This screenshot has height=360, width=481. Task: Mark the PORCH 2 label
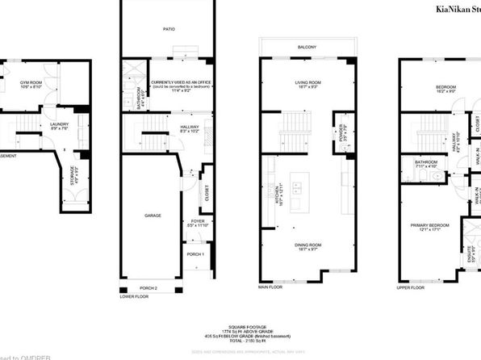tap(148, 288)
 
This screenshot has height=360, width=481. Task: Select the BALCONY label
tap(306, 48)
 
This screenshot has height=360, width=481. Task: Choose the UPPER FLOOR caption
tap(412, 287)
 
